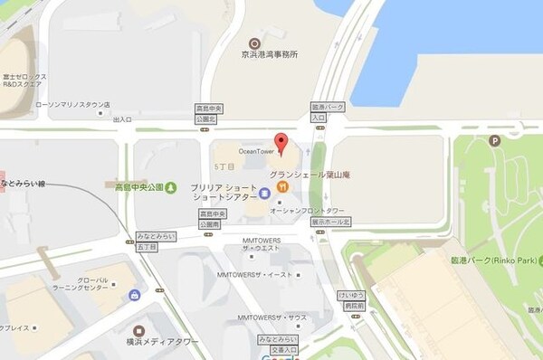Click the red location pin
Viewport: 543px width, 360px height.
coord(281,143)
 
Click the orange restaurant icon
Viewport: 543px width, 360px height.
coord(282,186)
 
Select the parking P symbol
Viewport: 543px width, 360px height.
coord(494,140)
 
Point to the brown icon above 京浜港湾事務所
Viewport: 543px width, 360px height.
coord(255,42)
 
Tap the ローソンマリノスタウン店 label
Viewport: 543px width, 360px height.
coord(72,105)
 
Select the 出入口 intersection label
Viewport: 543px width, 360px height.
coord(122,118)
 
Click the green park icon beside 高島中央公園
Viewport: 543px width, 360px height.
coord(172,187)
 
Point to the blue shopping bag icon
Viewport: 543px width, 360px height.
coord(135,295)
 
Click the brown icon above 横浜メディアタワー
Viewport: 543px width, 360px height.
coord(138,331)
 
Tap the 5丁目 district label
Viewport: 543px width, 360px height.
coord(224,166)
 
